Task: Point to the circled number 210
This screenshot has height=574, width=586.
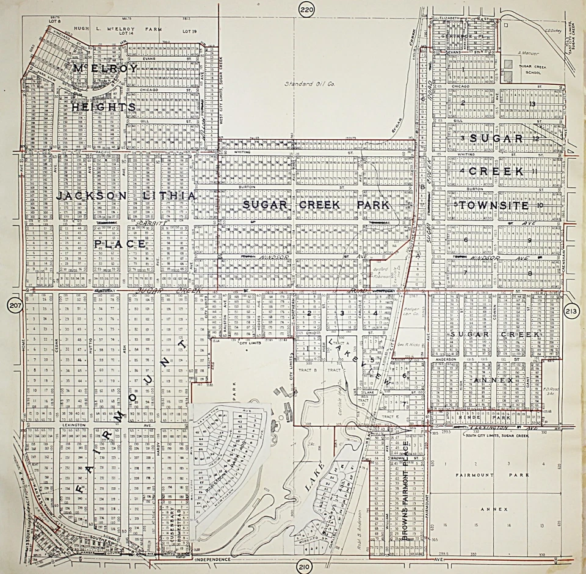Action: [x=304, y=567]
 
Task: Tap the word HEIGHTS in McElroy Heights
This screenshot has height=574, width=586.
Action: [x=103, y=107]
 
